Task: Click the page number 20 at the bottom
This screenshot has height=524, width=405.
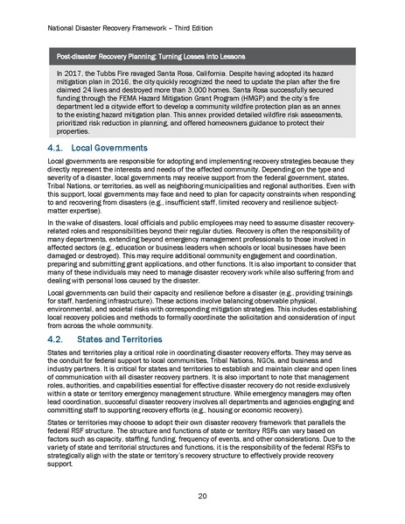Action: pos(203,493)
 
